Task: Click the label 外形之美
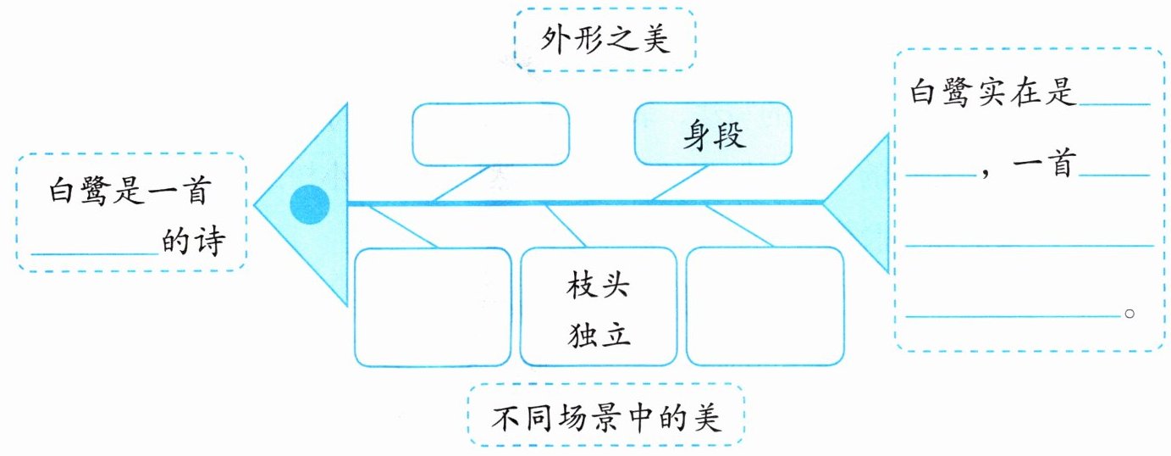[x=605, y=40]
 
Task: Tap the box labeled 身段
[x=713, y=134]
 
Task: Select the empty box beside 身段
[x=490, y=134]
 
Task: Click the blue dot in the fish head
[x=309, y=204]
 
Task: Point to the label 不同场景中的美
[x=605, y=418]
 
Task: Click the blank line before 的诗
[x=95, y=252]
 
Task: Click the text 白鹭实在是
[x=992, y=92]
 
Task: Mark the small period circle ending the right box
[x=1129, y=314]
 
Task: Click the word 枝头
[x=599, y=286]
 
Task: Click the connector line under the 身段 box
[x=679, y=183]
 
